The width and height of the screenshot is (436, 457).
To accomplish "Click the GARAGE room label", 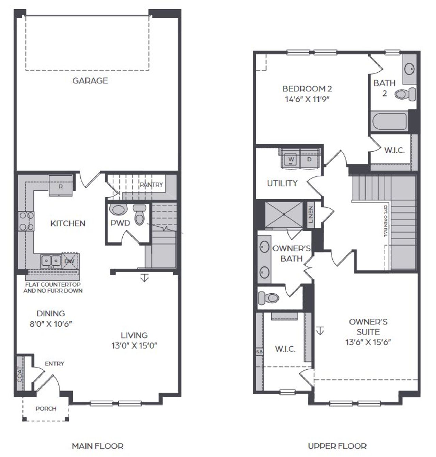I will click(x=90, y=80).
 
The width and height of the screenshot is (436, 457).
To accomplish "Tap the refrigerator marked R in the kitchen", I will click(x=61, y=186).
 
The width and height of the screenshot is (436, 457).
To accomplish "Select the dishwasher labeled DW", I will click(x=70, y=261).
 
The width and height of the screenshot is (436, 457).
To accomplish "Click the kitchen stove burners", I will click(x=26, y=221).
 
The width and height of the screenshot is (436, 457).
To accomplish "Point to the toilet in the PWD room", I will click(x=139, y=215).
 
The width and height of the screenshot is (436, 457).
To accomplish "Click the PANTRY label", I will click(x=152, y=185).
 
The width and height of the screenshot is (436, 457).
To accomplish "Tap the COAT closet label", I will click(x=20, y=374).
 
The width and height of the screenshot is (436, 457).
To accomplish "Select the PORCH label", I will click(x=46, y=408).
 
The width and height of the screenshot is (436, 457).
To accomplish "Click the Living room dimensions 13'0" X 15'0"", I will click(x=134, y=345).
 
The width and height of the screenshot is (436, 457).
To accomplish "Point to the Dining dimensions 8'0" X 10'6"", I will click(x=51, y=324).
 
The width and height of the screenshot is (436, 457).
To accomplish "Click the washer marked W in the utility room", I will click(x=291, y=159).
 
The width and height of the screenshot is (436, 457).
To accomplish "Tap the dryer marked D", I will click(x=309, y=159).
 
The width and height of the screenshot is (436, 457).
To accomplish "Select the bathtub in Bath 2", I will click(x=389, y=121).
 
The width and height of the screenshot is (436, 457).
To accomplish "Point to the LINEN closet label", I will click(x=311, y=215).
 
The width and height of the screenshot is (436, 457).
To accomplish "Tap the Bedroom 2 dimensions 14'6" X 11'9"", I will click(x=307, y=99).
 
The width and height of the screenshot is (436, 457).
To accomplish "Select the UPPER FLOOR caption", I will click(x=337, y=446).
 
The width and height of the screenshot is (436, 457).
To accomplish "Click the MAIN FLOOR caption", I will click(x=97, y=446).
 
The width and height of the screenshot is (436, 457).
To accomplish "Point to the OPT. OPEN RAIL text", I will click(x=386, y=221).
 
